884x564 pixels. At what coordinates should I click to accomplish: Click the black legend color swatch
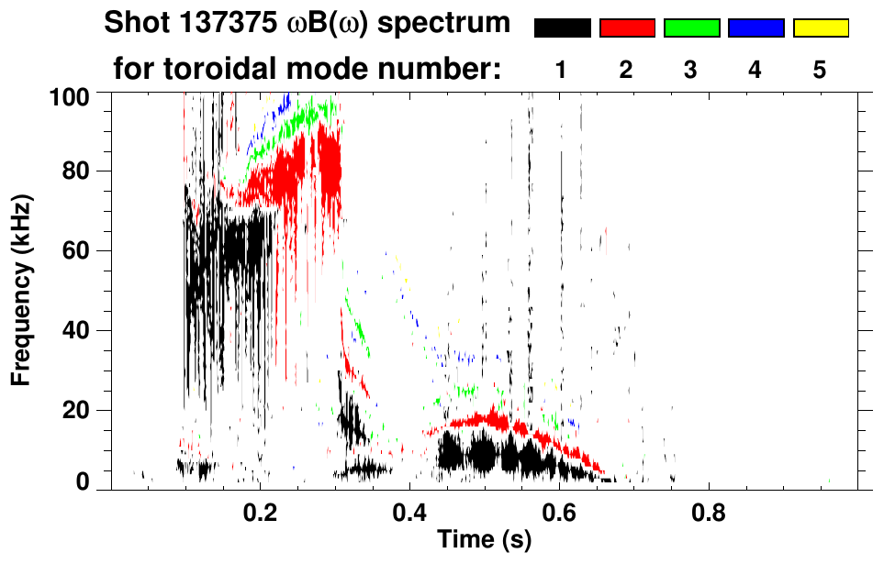(x=563, y=28)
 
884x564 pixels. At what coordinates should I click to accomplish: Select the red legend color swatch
(x=627, y=28)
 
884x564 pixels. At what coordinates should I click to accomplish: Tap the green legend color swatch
(x=691, y=28)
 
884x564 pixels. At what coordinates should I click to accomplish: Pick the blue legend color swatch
(x=755, y=28)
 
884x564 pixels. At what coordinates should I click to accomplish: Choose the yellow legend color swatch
(x=820, y=28)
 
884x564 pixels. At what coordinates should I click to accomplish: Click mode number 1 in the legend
(x=562, y=70)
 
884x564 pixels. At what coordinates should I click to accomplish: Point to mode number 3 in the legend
(x=691, y=70)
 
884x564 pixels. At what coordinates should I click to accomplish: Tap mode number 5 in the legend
(x=820, y=70)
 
